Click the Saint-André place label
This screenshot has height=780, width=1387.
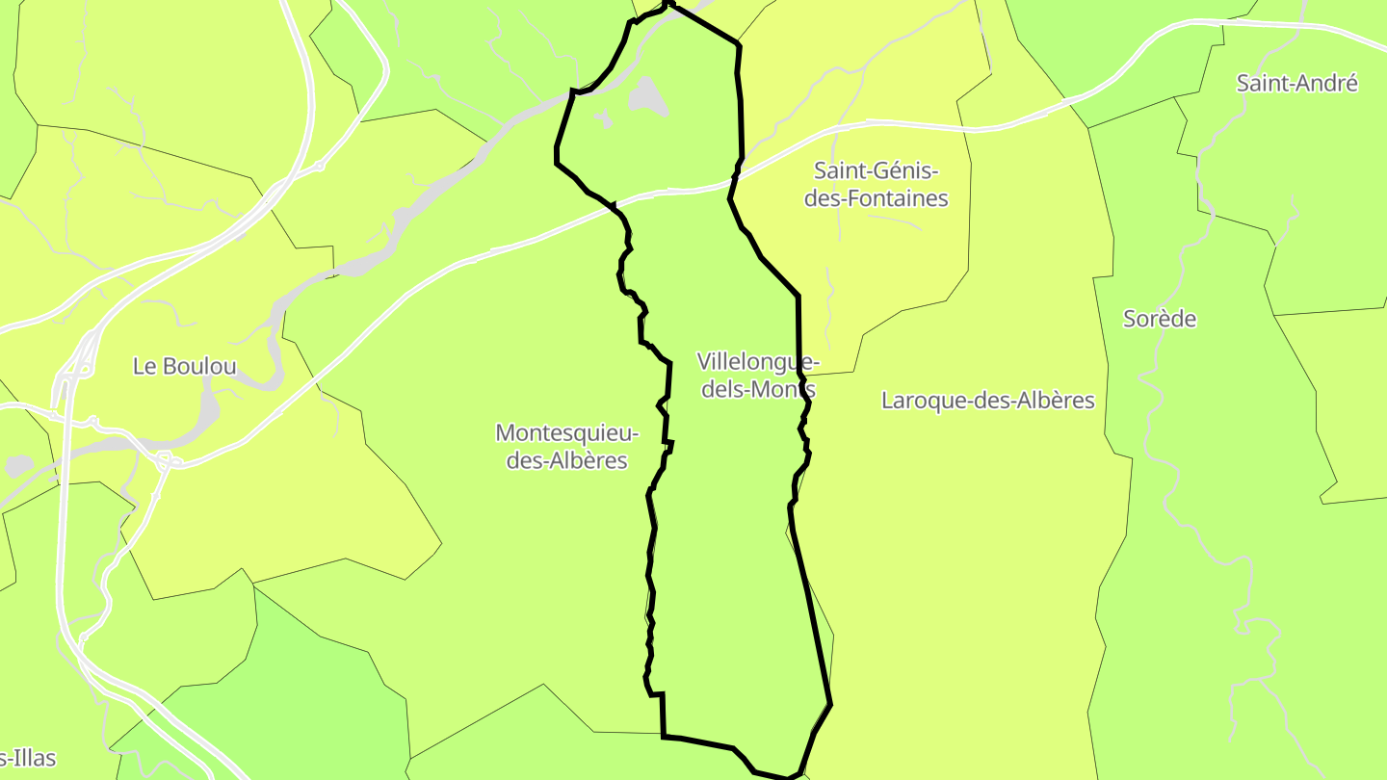pos(1296,84)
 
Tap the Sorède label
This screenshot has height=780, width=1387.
pos(1160,319)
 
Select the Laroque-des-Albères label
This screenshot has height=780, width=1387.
pos(988,401)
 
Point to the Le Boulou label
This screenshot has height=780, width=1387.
pos(184,366)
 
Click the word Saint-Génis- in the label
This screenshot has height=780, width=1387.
pos(876,171)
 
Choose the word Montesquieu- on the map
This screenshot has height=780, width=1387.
pos(567,433)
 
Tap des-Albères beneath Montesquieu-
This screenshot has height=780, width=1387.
pos(567,461)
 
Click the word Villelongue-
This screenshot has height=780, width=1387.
pos(758,362)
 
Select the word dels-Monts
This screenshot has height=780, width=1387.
pos(758,390)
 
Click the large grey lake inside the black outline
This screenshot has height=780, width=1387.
pos(648,96)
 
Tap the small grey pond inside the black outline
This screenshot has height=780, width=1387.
pos(604,119)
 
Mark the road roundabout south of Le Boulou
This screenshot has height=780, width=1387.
pos(165,462)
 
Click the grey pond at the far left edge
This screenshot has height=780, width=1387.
pos(19,466)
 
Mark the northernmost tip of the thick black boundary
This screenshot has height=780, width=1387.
pos(669,4)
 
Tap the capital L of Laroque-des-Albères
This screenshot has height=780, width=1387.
pos(888,401)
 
